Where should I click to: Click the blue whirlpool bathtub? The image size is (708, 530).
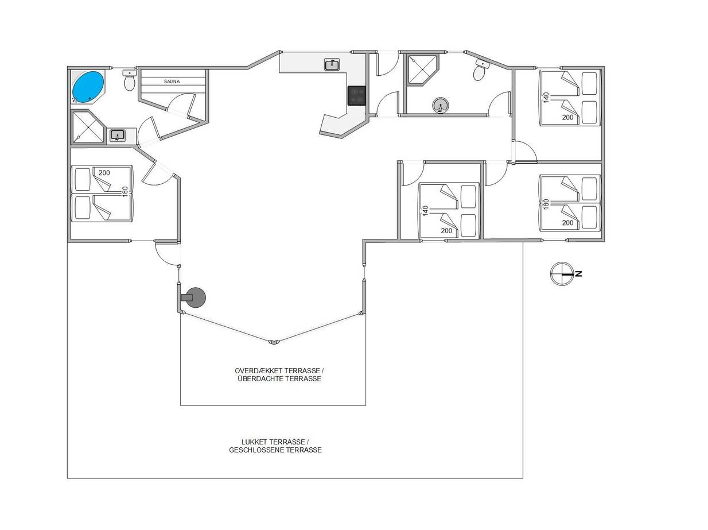coord(88,87)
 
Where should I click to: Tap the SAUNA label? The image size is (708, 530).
coord(172,82)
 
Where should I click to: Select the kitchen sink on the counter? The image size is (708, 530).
coord(332,64)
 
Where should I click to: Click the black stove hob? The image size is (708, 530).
coord(357,95)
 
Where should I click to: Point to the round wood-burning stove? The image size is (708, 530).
coord(193,297)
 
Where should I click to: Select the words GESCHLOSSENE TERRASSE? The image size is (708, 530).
coord(275,450)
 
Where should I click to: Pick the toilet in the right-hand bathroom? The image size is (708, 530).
coord(481,70)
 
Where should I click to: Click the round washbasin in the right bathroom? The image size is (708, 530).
coord(440,105)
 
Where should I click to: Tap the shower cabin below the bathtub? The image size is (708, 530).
coord(88,127)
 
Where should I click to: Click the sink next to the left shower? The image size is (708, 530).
coord(118,135)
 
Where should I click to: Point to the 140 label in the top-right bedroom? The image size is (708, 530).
coord(546,98)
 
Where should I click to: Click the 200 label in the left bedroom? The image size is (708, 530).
coord(104,173)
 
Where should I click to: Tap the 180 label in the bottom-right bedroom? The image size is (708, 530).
coord(546,204)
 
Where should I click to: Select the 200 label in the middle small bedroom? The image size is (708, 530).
coord(446,231)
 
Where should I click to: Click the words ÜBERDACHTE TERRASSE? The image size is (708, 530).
coord(279,378)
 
